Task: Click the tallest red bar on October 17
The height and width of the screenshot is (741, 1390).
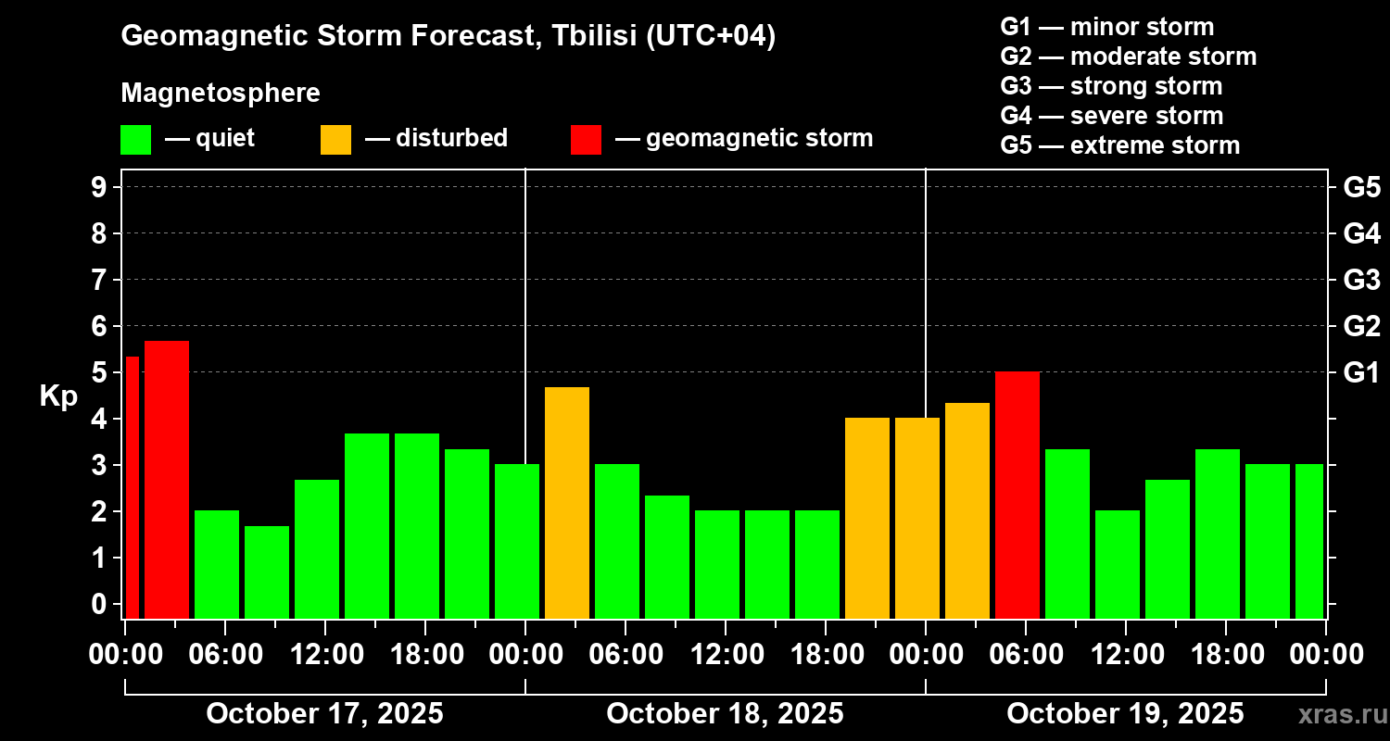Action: (167, 479)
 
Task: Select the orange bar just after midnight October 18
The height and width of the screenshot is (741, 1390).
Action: (567, 502)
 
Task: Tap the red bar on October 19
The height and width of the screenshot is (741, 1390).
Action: (1017, 495)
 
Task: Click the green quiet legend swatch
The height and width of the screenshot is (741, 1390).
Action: (135, 140)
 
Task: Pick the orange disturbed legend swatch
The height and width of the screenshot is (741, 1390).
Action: (335, 140)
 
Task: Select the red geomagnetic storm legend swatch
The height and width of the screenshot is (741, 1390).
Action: (586, 140)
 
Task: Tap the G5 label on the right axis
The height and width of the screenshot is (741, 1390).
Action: (1361, 187)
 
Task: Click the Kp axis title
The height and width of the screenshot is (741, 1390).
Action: (58, 396)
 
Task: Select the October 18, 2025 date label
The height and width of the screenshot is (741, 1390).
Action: (725, 714)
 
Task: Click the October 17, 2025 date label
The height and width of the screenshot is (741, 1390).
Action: (324, 714)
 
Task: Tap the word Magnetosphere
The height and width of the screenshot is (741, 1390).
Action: (221, 94)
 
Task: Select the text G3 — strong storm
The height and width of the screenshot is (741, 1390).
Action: (1111, 86)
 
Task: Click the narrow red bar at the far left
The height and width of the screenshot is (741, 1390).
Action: (132, 487)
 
